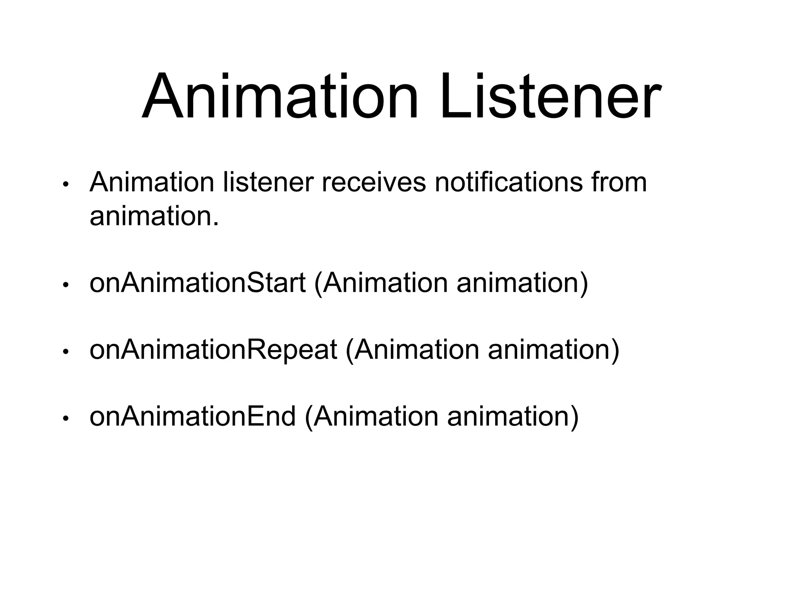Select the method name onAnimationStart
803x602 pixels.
[x=197, y=283]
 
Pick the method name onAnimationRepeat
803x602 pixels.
[x=213, y=350]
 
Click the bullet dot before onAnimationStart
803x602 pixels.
[x=66, y=285]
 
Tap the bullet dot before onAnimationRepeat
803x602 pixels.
[x=66, y=352]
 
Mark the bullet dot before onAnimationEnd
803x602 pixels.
[x=66, y=419]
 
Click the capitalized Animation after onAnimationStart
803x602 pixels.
[x=385, y=283]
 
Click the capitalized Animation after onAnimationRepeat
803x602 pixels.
[x=416, y=350]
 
